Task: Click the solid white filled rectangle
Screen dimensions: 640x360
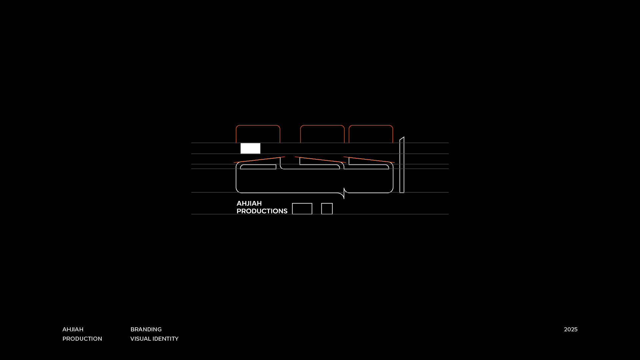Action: point(250,148)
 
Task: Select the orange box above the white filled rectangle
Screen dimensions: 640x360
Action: point(258,134)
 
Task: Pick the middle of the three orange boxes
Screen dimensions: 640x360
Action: point(322,134)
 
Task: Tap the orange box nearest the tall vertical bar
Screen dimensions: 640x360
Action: point(371,134)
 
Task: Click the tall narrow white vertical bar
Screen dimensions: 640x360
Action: point(402,167)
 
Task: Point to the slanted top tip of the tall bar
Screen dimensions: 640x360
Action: point(402,138)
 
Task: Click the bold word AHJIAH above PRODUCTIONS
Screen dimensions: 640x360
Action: point(249,203)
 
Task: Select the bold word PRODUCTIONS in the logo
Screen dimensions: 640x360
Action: point(262,211)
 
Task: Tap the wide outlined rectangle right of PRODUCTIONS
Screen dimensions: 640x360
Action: point(302,209)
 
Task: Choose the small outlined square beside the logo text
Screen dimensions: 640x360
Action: point(327,209)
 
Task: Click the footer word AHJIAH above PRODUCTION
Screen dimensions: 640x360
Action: point(73,329)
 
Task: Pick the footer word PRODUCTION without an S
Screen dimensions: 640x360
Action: point(82,339)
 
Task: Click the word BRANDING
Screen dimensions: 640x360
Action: point(146,329)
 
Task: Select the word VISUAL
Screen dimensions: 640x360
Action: point(140,339)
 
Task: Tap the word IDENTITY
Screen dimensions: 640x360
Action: point(166,339)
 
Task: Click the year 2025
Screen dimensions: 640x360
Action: point(571,329)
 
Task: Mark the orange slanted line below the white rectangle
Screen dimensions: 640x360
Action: point(259,160)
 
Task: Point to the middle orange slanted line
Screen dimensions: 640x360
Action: point(320,160)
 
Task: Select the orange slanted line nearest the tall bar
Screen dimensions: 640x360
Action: point(369,160)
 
